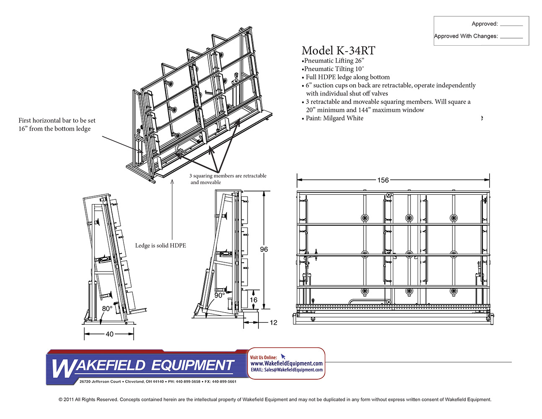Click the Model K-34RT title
click(x=338, y=51)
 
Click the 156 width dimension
click(x=383, y=180)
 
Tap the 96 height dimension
click(x=264, y=249)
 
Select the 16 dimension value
click(x=254, y=300)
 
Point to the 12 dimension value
click(x=273, y=323)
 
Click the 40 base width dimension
click(x=109, y=334)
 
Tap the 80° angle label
click(x=107, y=309)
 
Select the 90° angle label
click(x=219, y=295)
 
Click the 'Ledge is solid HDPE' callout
click(x=160, y=246)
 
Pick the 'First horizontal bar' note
click(x=57, y=124)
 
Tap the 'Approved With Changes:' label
click(x=466, y=36)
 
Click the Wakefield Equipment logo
click(x=142, y=366)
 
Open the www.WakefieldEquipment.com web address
click(x=286, y=363)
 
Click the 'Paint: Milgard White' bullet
click(x=334, y=118)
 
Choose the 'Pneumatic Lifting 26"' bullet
click(x=334, y=61)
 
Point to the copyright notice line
click(x=275, y=400)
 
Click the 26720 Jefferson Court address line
click(x=158, y=382)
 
